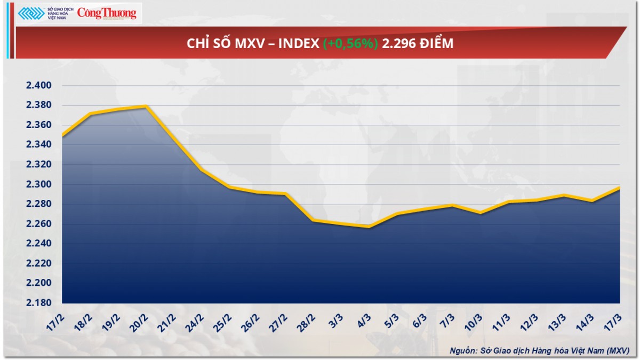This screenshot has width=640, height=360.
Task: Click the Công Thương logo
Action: tap(107, 13)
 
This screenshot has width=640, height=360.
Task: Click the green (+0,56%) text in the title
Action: tap(350, 44)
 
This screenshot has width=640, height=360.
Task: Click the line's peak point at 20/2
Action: tap(146, 106)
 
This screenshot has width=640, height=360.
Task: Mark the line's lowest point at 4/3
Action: tap(369, 227)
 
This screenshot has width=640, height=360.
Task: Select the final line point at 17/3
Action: tap(619, 187)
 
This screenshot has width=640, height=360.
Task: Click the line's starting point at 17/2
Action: tap(63, 136)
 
